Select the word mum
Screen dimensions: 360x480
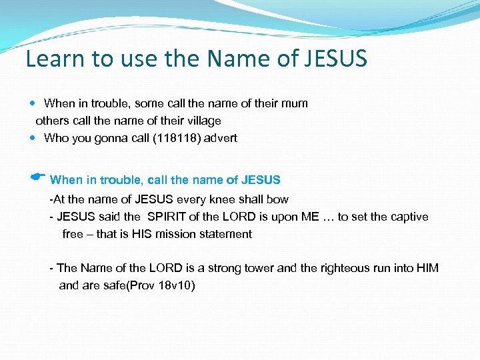click(294, 103)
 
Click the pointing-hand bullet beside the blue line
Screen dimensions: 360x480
click(37, 177)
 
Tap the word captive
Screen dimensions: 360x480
click(409, 217)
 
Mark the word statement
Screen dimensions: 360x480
click(229, 234)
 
